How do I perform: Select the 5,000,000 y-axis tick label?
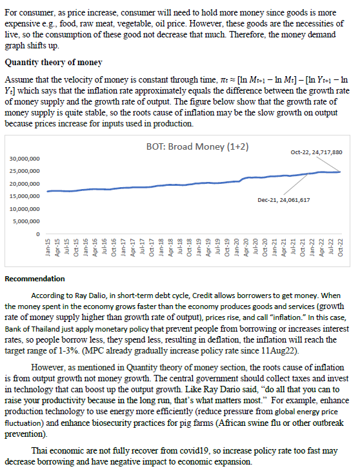coord(26,221)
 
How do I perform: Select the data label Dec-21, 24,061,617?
coord(283,200)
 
